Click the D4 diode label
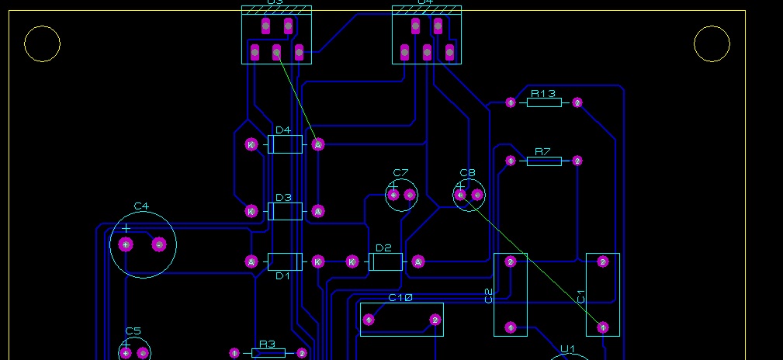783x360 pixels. tap(283, 130)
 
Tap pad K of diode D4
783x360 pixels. tap(251, 144)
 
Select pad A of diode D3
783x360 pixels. tap(317, 211)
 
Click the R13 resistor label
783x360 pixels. tap(543, 93)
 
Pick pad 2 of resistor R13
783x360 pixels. tap(577, 102)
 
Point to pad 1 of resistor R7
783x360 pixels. tap(511, 161)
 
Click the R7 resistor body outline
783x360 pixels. tap(544, 161)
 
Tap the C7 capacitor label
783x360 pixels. tap(400, 172)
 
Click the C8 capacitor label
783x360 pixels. tap(467, 172)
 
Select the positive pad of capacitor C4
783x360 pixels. tap(126, 245)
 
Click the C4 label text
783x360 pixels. tap(140, 206)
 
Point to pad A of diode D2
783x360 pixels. tap(418, 262)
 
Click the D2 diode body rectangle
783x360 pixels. tap(385, 262)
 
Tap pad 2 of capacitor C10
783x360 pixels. tap(435, 320)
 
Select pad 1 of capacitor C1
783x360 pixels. tap(603, 328)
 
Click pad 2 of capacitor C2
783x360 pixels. tap(511, 262)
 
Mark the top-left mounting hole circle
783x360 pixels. tap(42, 44)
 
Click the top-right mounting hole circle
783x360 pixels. tap(712, 44)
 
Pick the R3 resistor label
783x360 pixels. tap(267, 343)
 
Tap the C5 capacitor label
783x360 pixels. tap(133, 331)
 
